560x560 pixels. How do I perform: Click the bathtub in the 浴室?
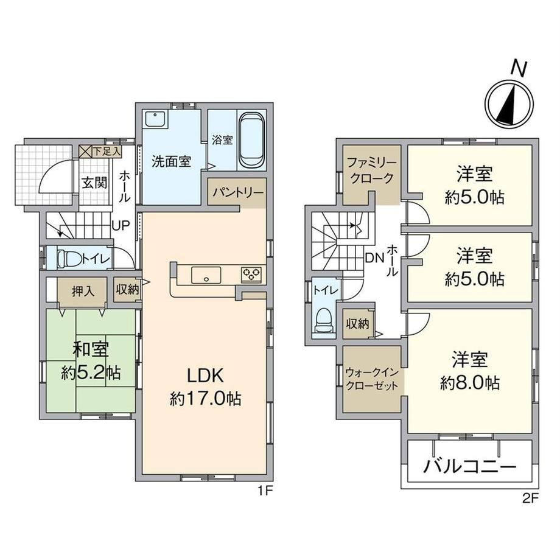coord(252,141)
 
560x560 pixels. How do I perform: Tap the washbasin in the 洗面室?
coord(155,119)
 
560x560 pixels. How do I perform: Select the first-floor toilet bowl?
coord(69,258)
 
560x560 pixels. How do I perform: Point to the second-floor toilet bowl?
coord(324,320)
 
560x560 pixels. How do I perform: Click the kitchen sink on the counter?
coord(206,275)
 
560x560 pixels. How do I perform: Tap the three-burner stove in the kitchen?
coord(251,275)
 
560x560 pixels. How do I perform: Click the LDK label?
coord(205,376)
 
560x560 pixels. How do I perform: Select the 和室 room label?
coord(91,349)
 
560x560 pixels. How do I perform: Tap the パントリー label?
coord(238,193)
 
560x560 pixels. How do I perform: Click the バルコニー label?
coord(470,466)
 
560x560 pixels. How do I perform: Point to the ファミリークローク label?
coord(372,170)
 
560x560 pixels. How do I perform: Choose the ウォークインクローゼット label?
coord(372,379)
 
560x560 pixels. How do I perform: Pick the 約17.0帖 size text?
coord(205,399)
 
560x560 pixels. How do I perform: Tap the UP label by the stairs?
coord(121,226)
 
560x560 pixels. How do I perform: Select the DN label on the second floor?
coord(374,258)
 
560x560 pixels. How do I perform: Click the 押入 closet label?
coord(83,292)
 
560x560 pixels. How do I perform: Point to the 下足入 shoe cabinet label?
coord(107,152)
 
